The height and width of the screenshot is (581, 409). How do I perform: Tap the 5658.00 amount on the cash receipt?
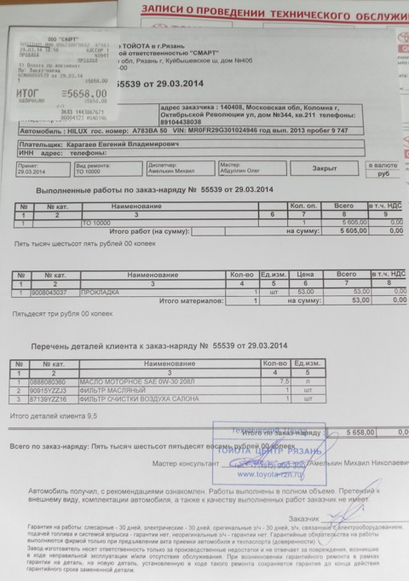point(85,94)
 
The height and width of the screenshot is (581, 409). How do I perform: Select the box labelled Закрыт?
point(324,168)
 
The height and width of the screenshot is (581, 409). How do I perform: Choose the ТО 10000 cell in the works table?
point(100,223)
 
